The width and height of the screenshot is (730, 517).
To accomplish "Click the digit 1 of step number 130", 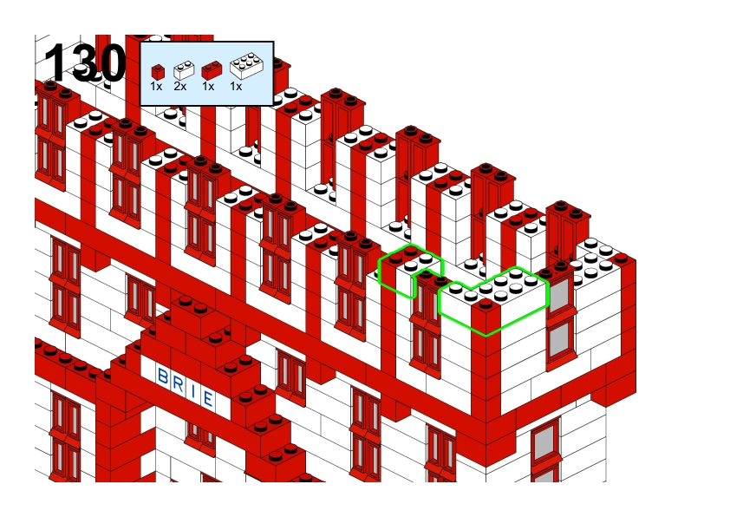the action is pos(55,62).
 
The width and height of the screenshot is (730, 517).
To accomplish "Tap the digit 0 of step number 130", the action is pos(111,62).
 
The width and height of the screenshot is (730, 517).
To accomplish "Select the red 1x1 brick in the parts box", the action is pos(158,72).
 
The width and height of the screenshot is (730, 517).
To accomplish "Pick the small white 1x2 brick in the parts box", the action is pos(184,70).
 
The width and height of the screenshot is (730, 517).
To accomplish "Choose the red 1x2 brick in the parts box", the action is pos(212,70).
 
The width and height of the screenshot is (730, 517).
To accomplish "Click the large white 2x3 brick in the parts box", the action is pos(246,66).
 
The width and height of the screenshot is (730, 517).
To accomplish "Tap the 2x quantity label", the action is pos(179,86).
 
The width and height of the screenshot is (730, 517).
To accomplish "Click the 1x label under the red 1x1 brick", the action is pos(156,86).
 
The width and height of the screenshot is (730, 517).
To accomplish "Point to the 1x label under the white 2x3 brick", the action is pos(236,86).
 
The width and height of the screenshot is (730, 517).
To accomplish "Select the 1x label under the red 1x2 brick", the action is pos(207,86).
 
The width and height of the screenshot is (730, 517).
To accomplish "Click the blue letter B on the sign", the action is pos(163,376).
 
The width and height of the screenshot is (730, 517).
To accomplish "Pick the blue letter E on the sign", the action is pos(207,398).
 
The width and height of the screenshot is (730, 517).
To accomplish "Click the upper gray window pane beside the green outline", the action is pos(559,294).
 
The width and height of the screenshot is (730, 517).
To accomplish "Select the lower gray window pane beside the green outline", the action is pos(559,338).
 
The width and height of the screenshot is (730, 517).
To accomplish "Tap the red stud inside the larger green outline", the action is pos(486,304).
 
